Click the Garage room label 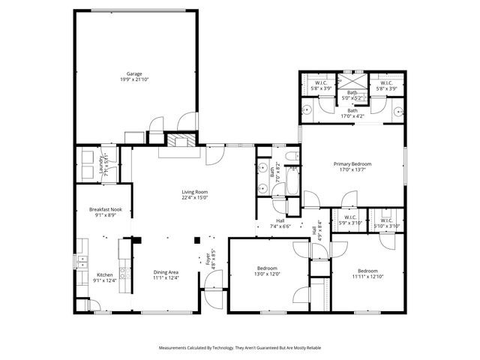(x=134, y=76)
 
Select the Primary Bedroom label (x=352, y=166)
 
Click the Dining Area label (x=166, y=275)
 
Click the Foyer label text (x=209, y=260)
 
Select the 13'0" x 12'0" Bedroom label (x=268, y=271)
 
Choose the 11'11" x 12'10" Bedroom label (x=367, y=274)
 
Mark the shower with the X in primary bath (x=352, y=82)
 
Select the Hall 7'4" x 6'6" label (x=280, y=223)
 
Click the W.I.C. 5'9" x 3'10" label (x=351, y=222)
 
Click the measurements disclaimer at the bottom (x=240, y=348)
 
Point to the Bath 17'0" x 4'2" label (x=352, y=112)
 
